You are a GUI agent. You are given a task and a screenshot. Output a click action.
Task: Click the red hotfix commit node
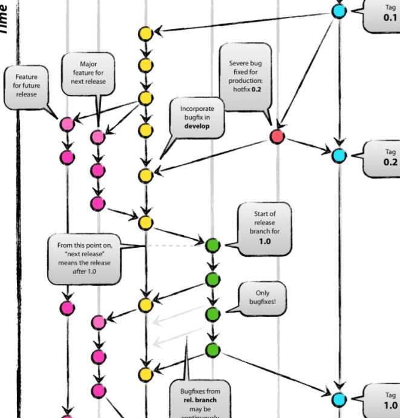point(277,136)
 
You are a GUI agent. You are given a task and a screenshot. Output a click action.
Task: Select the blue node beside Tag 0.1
point(339,10)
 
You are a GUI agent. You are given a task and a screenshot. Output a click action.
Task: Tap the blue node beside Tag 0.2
point(339,155)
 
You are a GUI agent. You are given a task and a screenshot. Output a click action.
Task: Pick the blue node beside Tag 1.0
point(339,399)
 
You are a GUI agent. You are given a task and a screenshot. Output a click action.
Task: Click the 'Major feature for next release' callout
point(88,73)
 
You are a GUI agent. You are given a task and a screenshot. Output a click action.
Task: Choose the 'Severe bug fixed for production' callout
point(244,77)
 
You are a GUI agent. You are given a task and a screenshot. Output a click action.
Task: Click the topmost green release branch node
point(212,245)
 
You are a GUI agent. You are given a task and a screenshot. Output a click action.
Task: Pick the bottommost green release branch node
point(212,350)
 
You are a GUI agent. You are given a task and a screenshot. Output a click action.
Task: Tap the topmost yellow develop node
point(145,34)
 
